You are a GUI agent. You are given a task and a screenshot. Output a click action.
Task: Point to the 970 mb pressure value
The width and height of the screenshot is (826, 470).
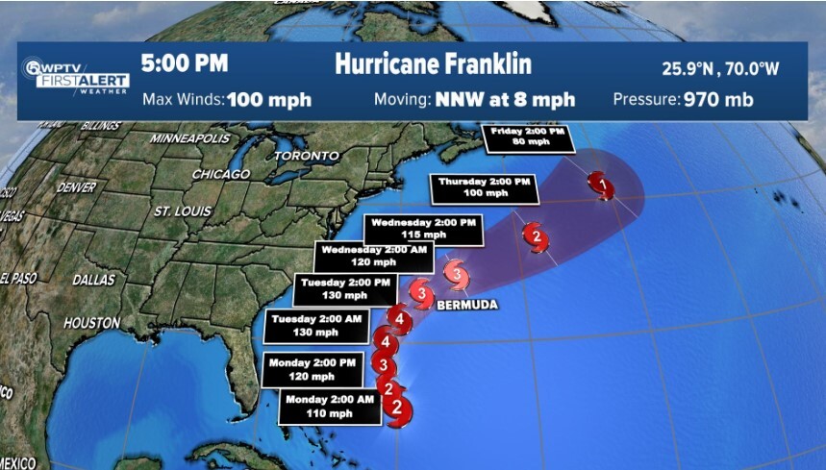pos(717,99)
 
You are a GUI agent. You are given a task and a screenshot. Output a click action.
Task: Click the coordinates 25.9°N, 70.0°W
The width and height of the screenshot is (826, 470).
pos(707,68)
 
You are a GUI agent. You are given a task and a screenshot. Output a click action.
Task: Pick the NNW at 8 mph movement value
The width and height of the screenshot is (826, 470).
pos(506,99)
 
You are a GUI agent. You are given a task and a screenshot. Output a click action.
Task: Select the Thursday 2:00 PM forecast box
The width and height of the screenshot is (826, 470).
pos(484,186)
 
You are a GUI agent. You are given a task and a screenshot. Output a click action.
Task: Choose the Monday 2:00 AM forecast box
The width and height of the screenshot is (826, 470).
pos(330,407)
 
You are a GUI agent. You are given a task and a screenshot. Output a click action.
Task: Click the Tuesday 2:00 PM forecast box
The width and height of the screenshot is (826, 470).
pos(345,288)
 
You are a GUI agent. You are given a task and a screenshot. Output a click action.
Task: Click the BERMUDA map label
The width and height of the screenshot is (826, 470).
pos(468,305)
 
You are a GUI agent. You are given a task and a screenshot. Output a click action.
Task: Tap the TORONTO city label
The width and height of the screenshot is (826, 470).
pos(307,155)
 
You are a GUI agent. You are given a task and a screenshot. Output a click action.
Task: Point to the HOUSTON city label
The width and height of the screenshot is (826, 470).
pos(91,322)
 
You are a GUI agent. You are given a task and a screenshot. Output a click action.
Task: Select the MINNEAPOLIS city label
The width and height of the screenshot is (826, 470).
pos(190,138)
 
